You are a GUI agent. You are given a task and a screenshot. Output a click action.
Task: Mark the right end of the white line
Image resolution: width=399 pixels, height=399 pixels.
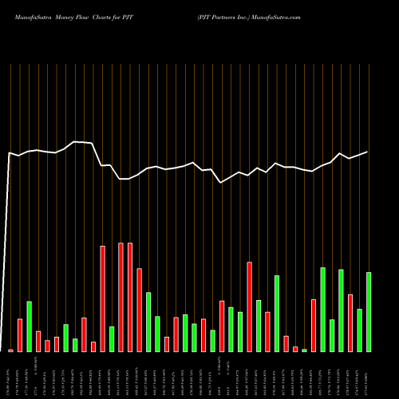point(368,152)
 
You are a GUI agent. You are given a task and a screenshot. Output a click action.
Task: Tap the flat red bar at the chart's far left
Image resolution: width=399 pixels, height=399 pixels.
point(11,350)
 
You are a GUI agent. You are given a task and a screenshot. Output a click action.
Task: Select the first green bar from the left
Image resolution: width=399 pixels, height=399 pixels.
point(29,326)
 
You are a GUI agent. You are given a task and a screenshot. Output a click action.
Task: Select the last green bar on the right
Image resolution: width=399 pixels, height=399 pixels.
point(369,312)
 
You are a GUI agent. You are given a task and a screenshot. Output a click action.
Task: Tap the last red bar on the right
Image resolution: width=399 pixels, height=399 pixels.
point(350,323)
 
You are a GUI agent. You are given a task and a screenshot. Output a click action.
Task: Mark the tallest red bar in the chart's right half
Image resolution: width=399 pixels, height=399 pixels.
point(249,306)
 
